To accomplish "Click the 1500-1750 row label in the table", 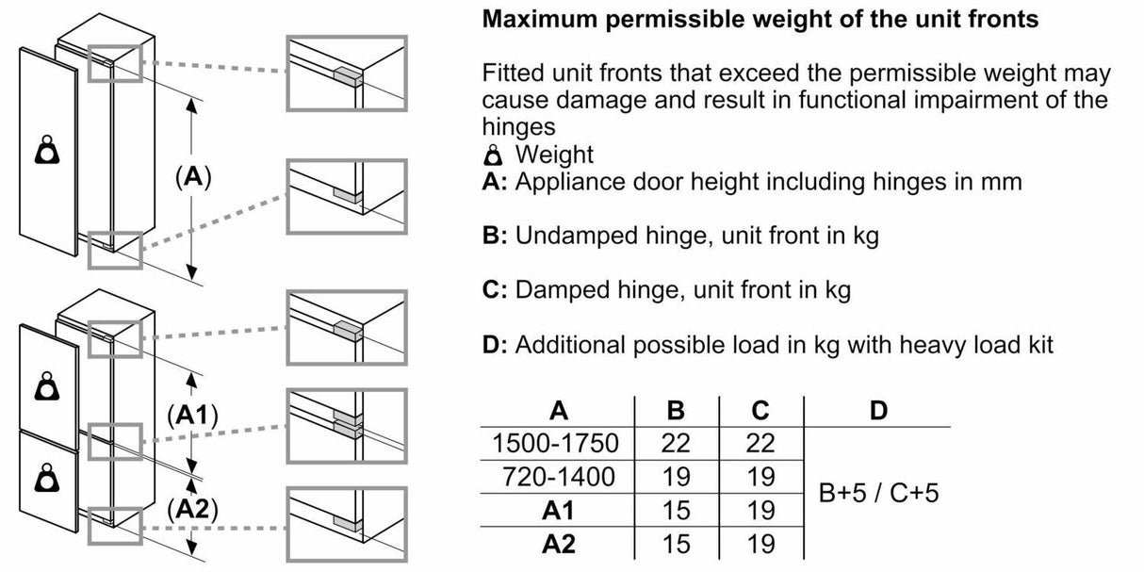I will pyautogui.click(x=555, y=443).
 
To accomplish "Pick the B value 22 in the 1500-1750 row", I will pyautogui.click(x=676, y=443).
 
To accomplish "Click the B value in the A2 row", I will pyautogui.click(x=676, y=545).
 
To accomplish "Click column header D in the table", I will pyautogui.click(x=877, y=410).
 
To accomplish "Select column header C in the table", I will pyautogui.click(x=760, y=410).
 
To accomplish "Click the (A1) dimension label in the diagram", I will pyautogui.click(x=192, y=414).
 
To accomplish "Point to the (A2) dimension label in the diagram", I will pyautogui.click(x=192, y=510).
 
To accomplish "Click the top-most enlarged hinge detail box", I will pyautogui.click(x=346, y=74).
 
